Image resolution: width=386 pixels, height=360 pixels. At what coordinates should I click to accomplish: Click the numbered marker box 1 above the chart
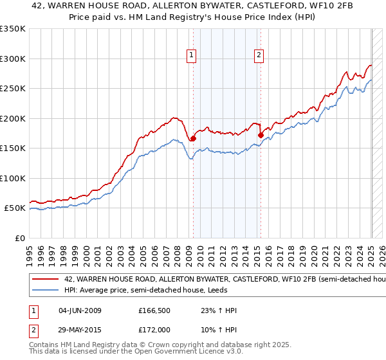[x=192, y=56]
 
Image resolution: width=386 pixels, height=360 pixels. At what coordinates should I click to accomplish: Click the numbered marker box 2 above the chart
[x=259, y=56]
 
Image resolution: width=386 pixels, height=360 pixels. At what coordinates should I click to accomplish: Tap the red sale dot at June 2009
[x=193, y=138]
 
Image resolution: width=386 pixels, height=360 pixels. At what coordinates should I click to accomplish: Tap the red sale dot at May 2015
[x=261, y=135]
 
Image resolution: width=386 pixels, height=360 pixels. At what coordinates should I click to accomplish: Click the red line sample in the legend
[x=45, y=280]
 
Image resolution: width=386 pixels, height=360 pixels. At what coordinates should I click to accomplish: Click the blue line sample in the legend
[x=45, y=291]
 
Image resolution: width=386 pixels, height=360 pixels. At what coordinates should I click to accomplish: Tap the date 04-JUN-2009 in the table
[x=80, y=310]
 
